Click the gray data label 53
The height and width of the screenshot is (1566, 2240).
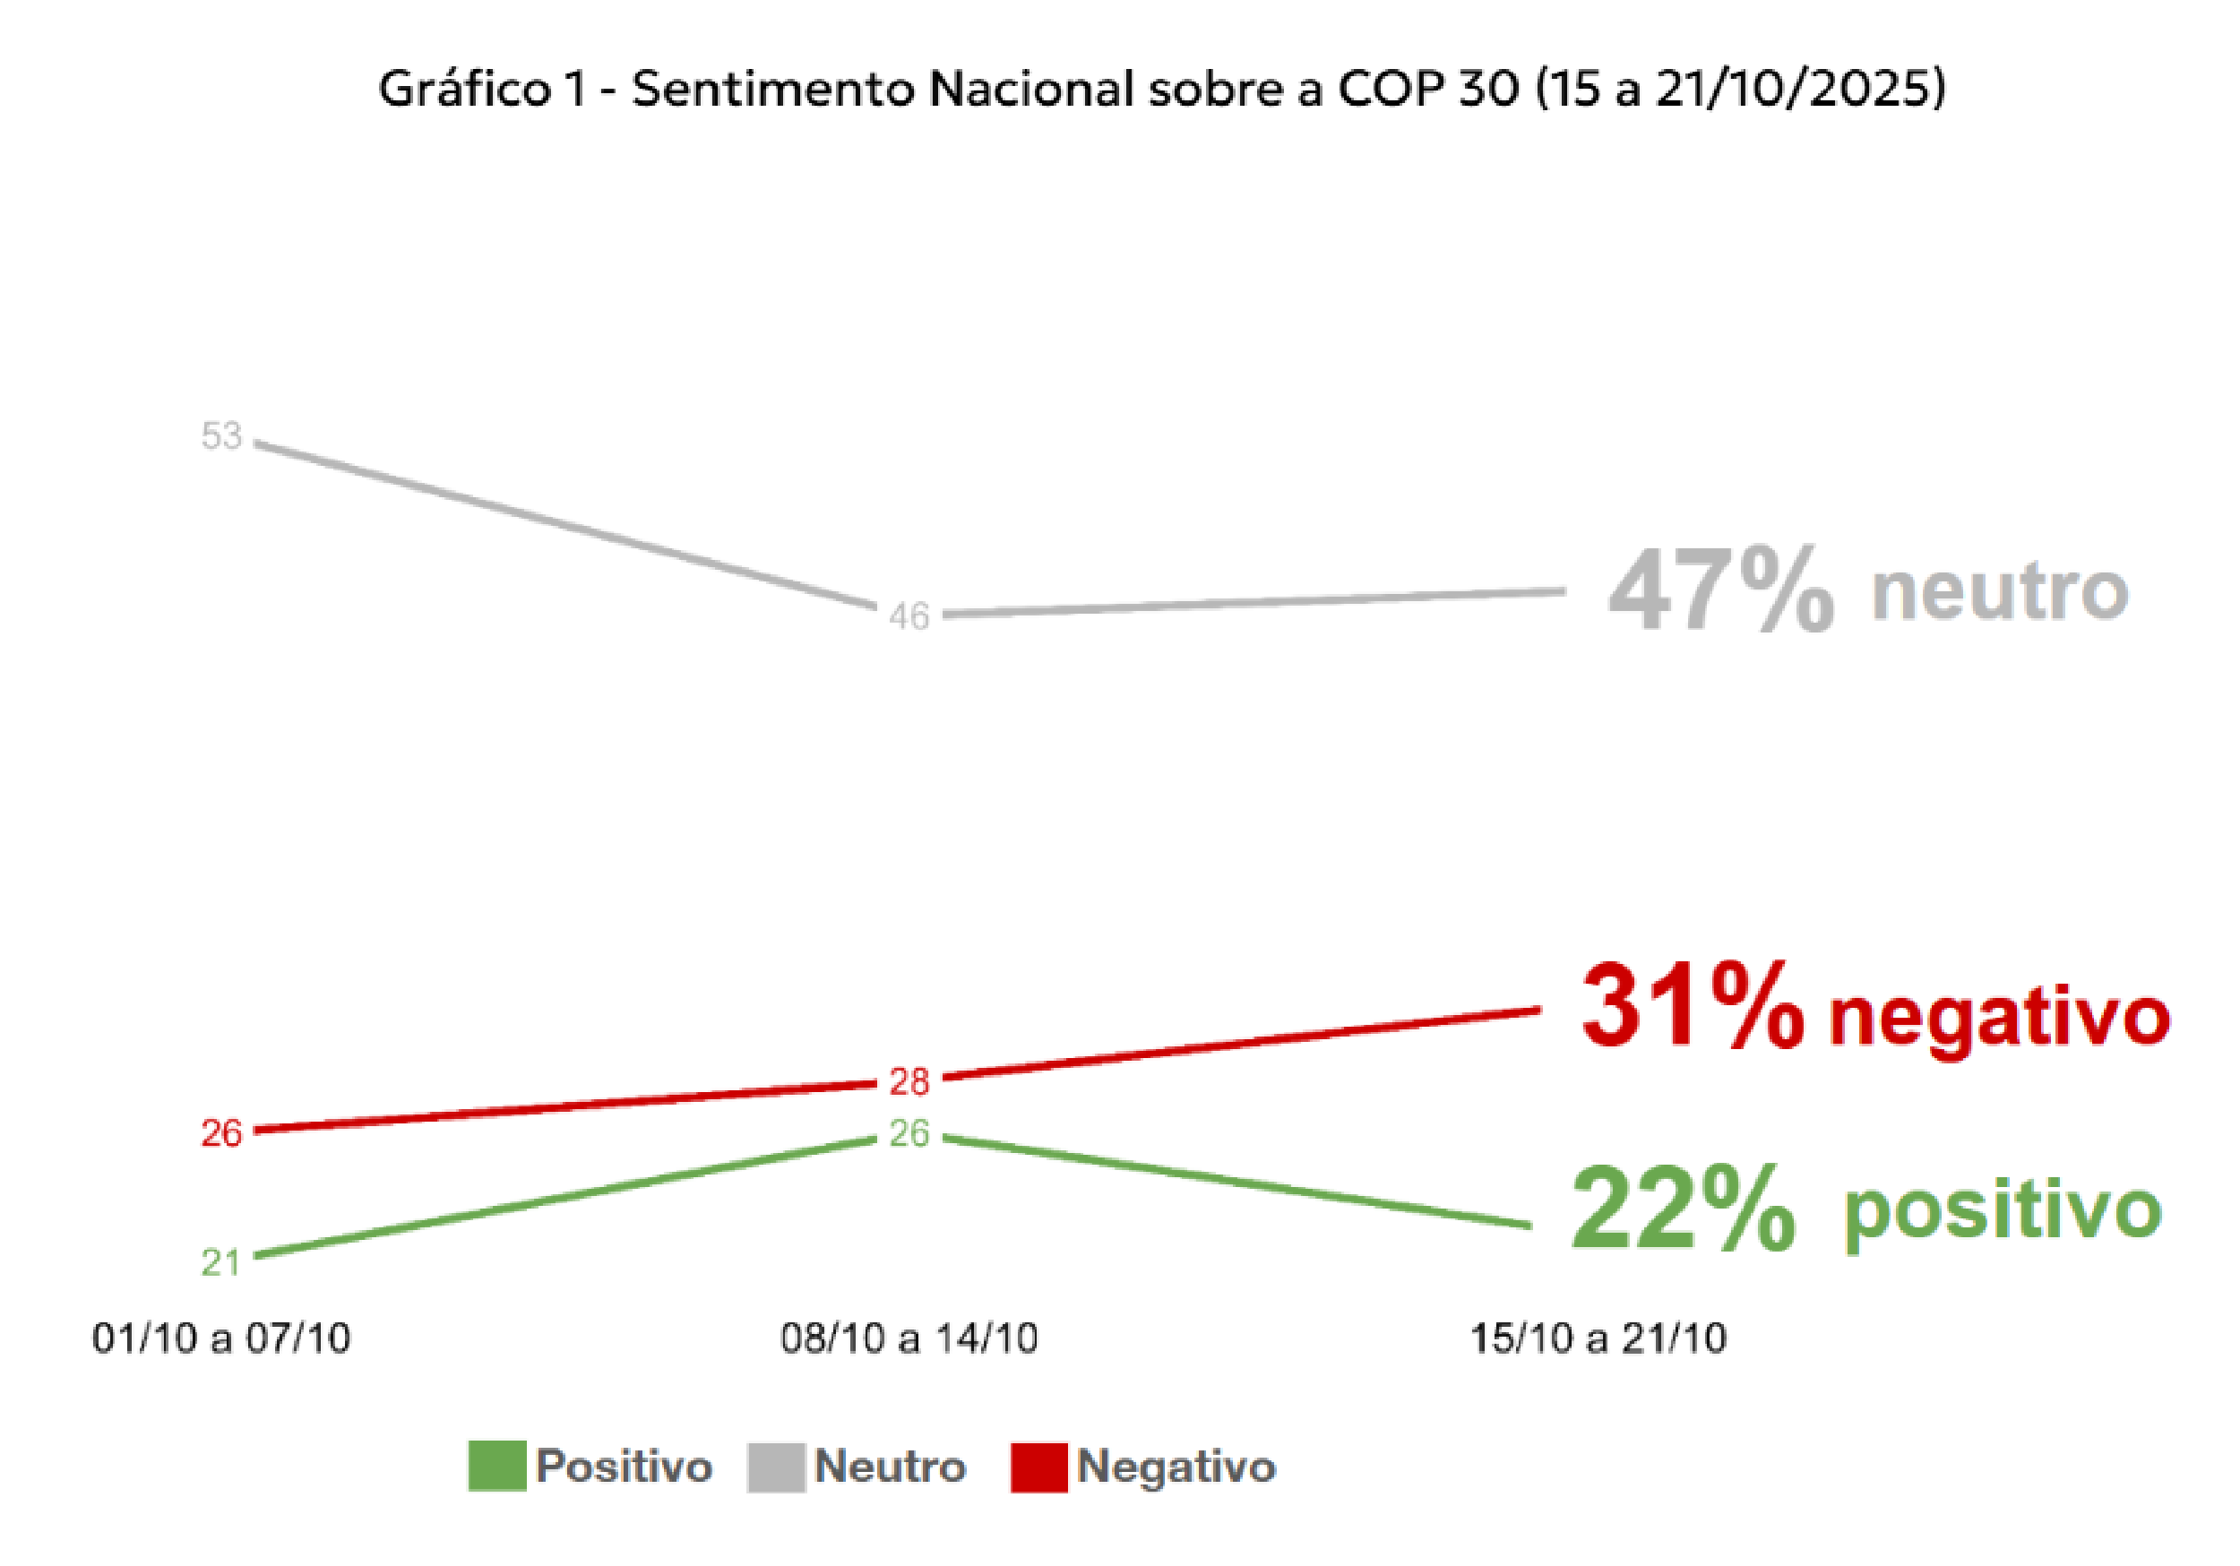tap(220, 435)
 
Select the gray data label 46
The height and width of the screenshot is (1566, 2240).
tap(909, 616)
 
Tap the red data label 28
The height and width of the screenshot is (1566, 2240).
tap(909, 1081)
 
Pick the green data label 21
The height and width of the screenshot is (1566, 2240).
tap(220, 1262)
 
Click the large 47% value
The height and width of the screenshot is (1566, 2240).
tap(1720, 591)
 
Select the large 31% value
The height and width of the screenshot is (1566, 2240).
tap(1692, 1007)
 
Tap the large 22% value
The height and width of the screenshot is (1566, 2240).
tap(1683, 1209)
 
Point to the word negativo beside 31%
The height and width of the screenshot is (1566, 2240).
tap(1999, 1017)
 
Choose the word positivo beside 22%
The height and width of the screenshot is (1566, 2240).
tap(2002, 1212)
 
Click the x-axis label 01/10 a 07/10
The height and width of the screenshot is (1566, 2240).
tap(221, 1338)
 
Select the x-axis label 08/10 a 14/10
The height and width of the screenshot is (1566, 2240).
tap(909, 1338)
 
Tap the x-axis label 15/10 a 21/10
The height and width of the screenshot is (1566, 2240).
tap(1598, 1338)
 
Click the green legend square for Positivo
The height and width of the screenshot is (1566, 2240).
tap(496, 1467)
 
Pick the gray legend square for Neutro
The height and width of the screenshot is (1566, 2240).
tap(776, 1467)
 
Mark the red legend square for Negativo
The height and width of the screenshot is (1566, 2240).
tap(1039, 1467)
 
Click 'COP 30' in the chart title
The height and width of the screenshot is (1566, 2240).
tap(1427, 89)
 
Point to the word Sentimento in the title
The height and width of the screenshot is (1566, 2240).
tap(775, 89)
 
